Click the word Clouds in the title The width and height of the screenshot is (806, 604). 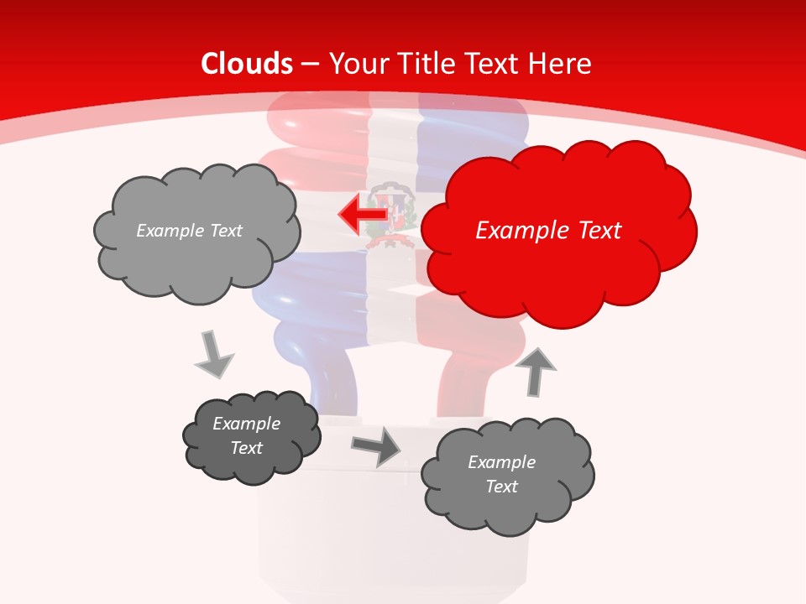pos(247,64)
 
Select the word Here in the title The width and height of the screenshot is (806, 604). pos(562,64)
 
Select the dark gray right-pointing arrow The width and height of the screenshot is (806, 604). pos(375,445)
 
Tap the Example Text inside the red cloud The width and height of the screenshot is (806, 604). pos(548,231)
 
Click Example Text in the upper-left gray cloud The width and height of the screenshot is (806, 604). pos(189,231)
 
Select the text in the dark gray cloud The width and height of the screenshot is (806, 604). pos(247,435)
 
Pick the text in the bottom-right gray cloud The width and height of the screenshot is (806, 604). pos(501,474)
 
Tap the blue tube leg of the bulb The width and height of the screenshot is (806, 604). pos(333,382)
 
